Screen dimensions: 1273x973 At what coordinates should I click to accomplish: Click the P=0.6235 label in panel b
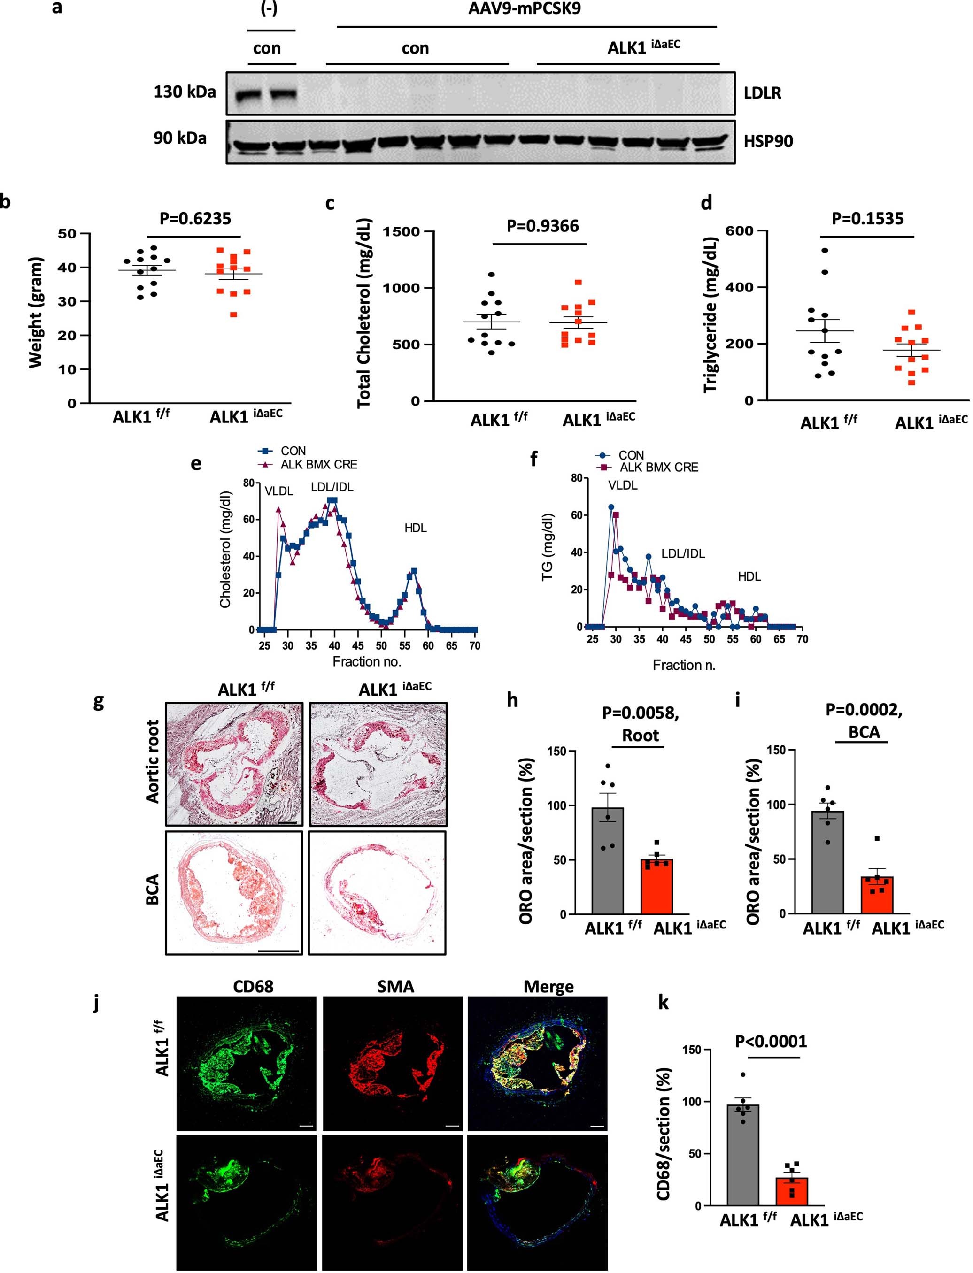[x=195, y=219]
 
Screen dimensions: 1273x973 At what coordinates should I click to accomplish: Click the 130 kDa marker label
[x=184, y=92]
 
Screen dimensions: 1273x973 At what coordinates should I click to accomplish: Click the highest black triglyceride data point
[x=825, y=250]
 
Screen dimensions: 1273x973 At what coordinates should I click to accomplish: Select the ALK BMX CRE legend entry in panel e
[x=318, y=464]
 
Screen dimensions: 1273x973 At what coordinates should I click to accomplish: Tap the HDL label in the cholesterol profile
[x=415, y=528]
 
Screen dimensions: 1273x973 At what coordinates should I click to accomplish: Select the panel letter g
[x=99, y=702]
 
